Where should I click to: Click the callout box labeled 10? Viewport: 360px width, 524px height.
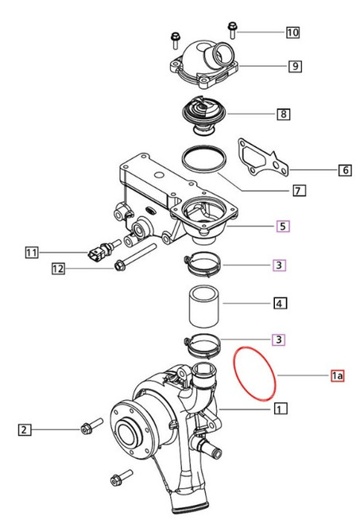(292, 33)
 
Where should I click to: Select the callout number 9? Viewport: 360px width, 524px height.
(294, 66)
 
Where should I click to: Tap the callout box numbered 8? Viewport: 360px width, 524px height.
(283, 115)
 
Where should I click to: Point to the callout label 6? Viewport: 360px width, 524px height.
(344, 169)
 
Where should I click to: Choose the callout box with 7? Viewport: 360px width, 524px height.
(299, 191)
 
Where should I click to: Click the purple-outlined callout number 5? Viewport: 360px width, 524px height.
(282, 227)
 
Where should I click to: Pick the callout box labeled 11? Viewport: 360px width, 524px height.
(31, 254)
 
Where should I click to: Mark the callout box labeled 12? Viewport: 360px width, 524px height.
(58, 269)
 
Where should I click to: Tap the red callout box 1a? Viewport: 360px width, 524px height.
(337, 375)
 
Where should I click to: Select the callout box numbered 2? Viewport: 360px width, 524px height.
(25, 430)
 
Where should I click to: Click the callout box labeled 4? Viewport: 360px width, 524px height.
(280, 303)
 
